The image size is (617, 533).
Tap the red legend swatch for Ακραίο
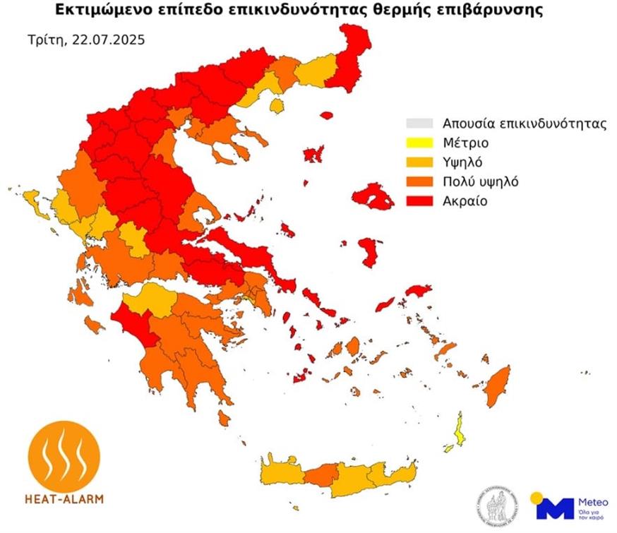pyautogui.click(x=419, y=201)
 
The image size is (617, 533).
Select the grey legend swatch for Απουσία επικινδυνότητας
pyautogui.click(x=419, y=122)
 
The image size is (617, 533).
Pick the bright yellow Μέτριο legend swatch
pyautogui.click(x=419, y=142)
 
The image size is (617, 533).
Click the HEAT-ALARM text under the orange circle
pyautogui.click(x=64, y=499)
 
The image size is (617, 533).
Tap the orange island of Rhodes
pyautogui.click(x=498, y=387)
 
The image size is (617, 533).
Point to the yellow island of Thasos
pyautogui.click(x=277, y=105)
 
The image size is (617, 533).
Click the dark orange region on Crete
pyautogui.click(x=321, y=474)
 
